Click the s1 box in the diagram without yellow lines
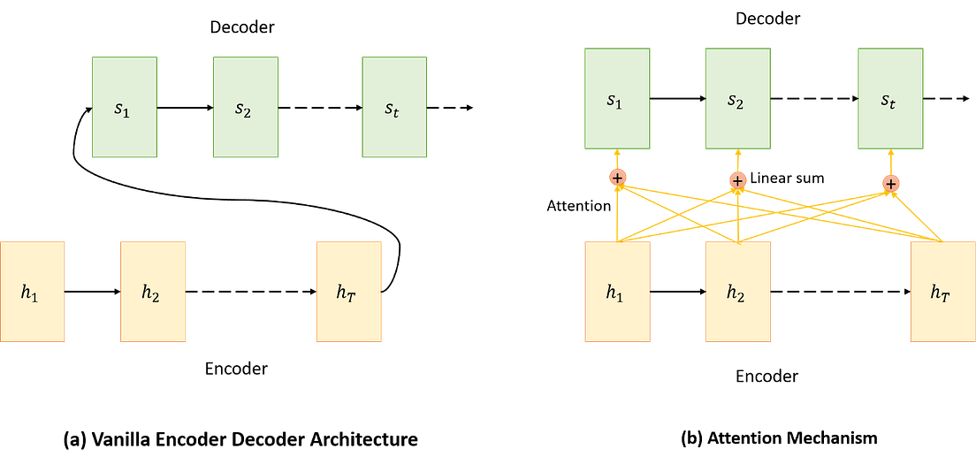click(x=125, y=107)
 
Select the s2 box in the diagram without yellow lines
click(x=245, y=107)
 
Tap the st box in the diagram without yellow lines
click(x=394, y=107)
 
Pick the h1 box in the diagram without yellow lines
click(x=33, y=292)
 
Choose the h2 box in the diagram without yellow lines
click(x=153, y=292)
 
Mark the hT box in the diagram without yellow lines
click(x=349, y=292)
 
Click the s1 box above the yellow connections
click(x=617, y=98)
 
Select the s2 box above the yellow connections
click(x=738, y=98)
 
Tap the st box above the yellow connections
click(x=890, y=98)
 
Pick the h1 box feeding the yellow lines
click(x=617, y=292)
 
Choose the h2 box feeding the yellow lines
click(x=738, y=292)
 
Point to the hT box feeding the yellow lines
click(x=942, y=292)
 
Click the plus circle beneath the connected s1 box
click(x=617, y=178)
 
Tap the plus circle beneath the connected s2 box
click(x=737, y=180)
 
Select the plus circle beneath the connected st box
click(x=891, y=183)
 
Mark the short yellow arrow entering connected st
click(x=891, y=163)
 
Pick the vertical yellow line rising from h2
click(x=737, y=217)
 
